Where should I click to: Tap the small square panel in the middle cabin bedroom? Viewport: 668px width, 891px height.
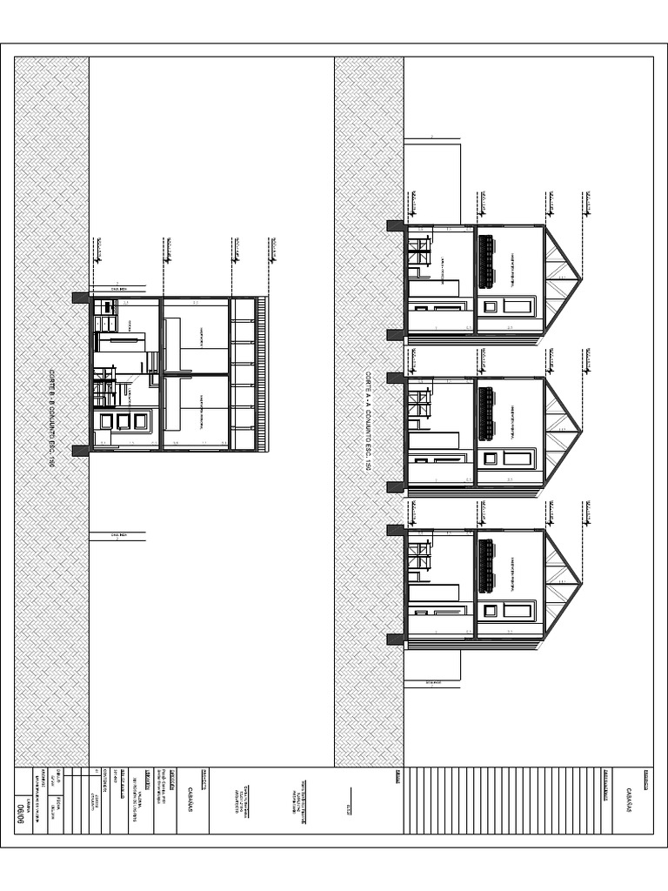tap(491, 458)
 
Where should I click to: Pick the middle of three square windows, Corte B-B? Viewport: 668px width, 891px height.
tap(123, 421)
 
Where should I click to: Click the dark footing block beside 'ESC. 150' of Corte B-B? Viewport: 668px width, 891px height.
tap(80, 450)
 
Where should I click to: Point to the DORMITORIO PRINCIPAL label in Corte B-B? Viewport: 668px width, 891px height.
tap(202, 411)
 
